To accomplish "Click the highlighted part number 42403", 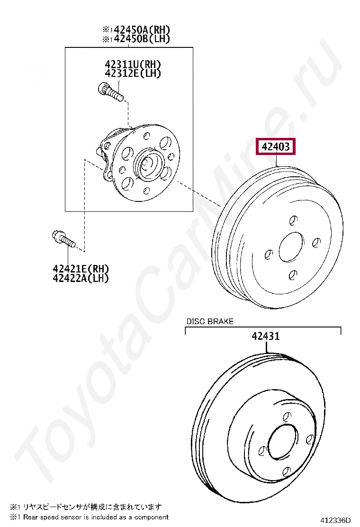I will click(276, 147).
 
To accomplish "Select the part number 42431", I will click(265, 336).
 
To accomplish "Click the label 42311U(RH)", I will click(133, 64).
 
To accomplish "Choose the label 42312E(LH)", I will click(133, 73).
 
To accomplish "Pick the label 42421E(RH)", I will click(81, 269).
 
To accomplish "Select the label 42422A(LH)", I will click(81, 278).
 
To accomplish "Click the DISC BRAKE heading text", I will click(210, 321).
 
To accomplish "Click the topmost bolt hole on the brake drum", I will click(293, 220).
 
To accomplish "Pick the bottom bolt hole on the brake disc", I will click(286, 471).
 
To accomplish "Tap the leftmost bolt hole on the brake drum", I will click(269, 254).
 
